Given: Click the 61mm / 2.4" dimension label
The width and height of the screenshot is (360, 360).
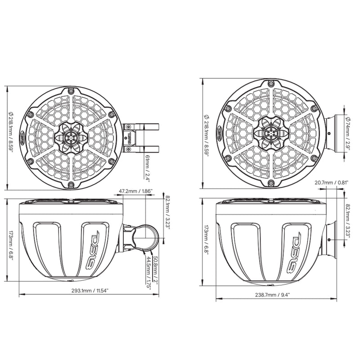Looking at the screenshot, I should (147, 166).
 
